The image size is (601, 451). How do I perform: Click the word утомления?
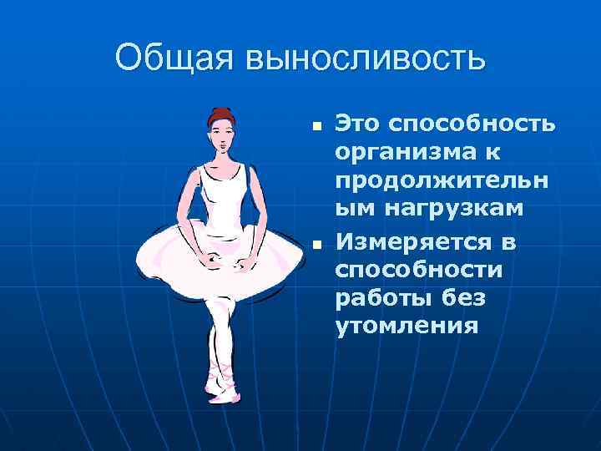(407, 325)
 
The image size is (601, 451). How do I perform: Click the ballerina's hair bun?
(221, 114)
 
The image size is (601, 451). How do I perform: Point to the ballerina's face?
(222, 136)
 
